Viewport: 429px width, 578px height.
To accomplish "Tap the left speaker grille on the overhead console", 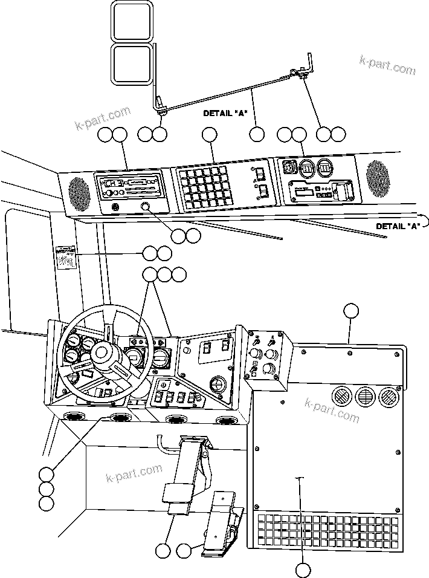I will tap(79, 190).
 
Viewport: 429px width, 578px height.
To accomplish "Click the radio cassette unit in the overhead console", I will tap(128, 184).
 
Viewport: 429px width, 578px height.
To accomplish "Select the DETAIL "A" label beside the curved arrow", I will tap(398, 226).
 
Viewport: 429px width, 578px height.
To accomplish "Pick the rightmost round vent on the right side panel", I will tap(388, 397).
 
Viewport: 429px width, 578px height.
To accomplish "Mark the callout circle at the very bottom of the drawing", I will tap(303, 569).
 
